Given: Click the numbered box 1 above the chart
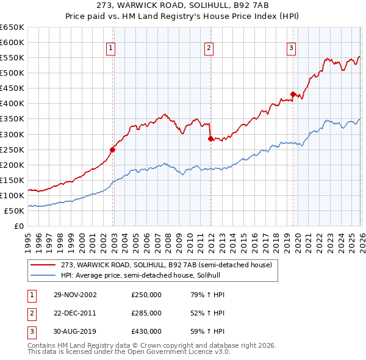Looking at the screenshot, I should (x=111, y=48).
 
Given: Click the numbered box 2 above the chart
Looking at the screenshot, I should (x=209, y=48).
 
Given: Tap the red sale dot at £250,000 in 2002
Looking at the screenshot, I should (x=113, y=149).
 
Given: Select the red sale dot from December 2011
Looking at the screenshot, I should (x=210, y=139).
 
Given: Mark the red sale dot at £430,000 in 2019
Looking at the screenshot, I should (x=293, y=94).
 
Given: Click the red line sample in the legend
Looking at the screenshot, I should (x=44, y=264).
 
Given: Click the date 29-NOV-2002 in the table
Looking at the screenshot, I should (x=75, y=295).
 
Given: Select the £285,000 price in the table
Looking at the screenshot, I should (x=146, y=313).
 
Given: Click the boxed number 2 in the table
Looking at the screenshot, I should (x=32, y=313).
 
